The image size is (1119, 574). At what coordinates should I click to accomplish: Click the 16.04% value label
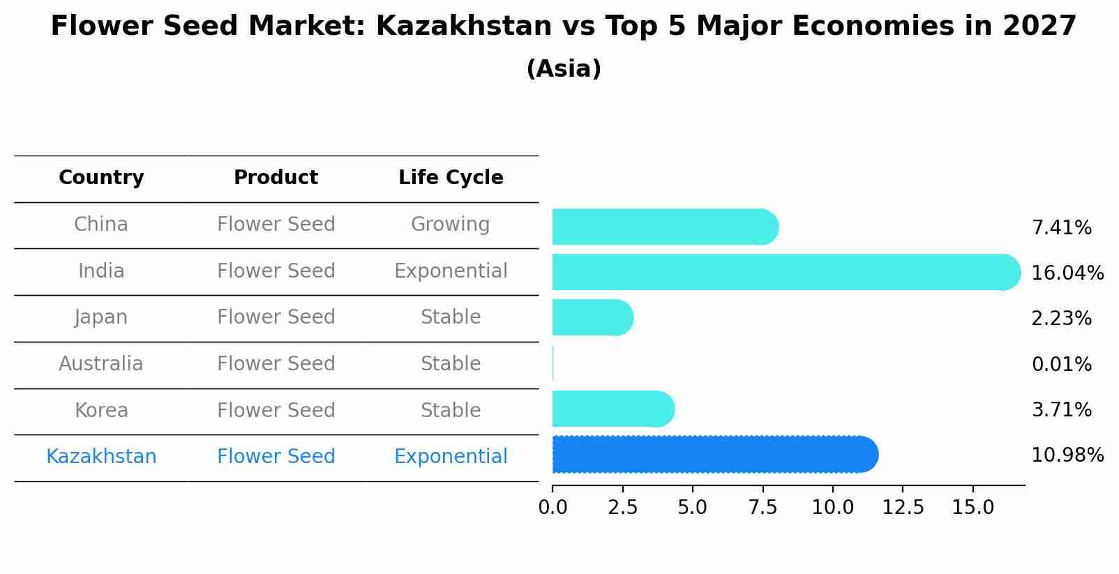click(1067, 273)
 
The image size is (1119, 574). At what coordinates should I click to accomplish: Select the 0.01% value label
click(1061, 364)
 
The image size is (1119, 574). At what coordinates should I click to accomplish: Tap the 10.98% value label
click(1067, 455)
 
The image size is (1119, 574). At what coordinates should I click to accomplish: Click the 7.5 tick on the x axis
click(763, 508)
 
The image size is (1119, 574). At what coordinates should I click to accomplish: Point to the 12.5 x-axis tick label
click(903, 508)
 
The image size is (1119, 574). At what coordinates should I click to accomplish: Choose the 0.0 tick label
click(553, 508)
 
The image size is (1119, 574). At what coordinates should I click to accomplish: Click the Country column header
click(101, 178)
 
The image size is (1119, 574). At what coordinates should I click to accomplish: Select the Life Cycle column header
click(451, 178)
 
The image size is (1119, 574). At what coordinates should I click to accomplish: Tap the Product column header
click(276, 178)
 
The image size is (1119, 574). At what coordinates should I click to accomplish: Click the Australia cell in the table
click(101, 364)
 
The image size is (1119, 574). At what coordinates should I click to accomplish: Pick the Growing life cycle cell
click(451, 225)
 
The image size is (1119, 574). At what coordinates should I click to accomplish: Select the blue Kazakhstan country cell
click(101, 457)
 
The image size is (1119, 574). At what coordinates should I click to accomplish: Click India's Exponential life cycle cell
click(451, 271)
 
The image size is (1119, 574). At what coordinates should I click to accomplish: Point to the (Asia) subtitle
click(564, 69)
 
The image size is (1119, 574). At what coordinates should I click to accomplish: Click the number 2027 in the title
click(1039, 27)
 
